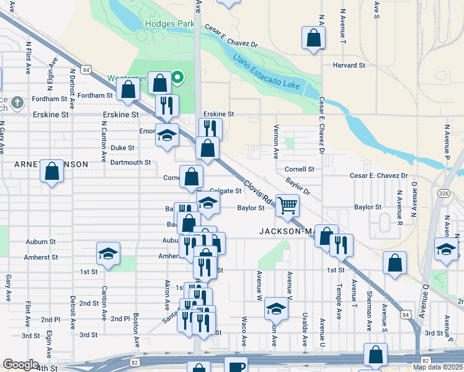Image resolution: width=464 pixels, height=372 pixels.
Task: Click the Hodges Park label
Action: pyautogui.click(x=170, y=24)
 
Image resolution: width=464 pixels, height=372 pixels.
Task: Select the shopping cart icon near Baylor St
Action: pyautogui.click(x=287, y=205)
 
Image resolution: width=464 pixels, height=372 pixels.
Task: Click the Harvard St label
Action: pyautogui.click(x=348, y=65)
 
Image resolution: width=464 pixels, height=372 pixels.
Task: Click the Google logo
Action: pyautogui.click(x=20, y=365)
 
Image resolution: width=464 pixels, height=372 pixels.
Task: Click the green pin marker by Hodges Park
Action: pyautogui.click(x=177, y=77)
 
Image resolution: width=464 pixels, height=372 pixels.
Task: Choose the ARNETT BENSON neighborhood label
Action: pyautogui.click(x=51, y=164)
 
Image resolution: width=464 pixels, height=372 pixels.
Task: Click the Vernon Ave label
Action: pyautogui.click(x=276, y=142)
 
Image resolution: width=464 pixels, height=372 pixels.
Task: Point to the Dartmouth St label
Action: pyautogui.click(x=130, y=162)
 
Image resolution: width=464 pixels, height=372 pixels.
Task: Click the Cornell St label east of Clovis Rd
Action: pyautogui.click(x=300, y=169)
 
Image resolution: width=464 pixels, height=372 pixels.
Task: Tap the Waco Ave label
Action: pyautogui.click(x=244, y=331)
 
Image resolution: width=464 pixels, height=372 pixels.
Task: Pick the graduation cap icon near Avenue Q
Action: pyautogui.click(x=445, y=249)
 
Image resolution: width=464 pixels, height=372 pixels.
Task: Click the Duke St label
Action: pyautogui.click(x=122, y=148)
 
